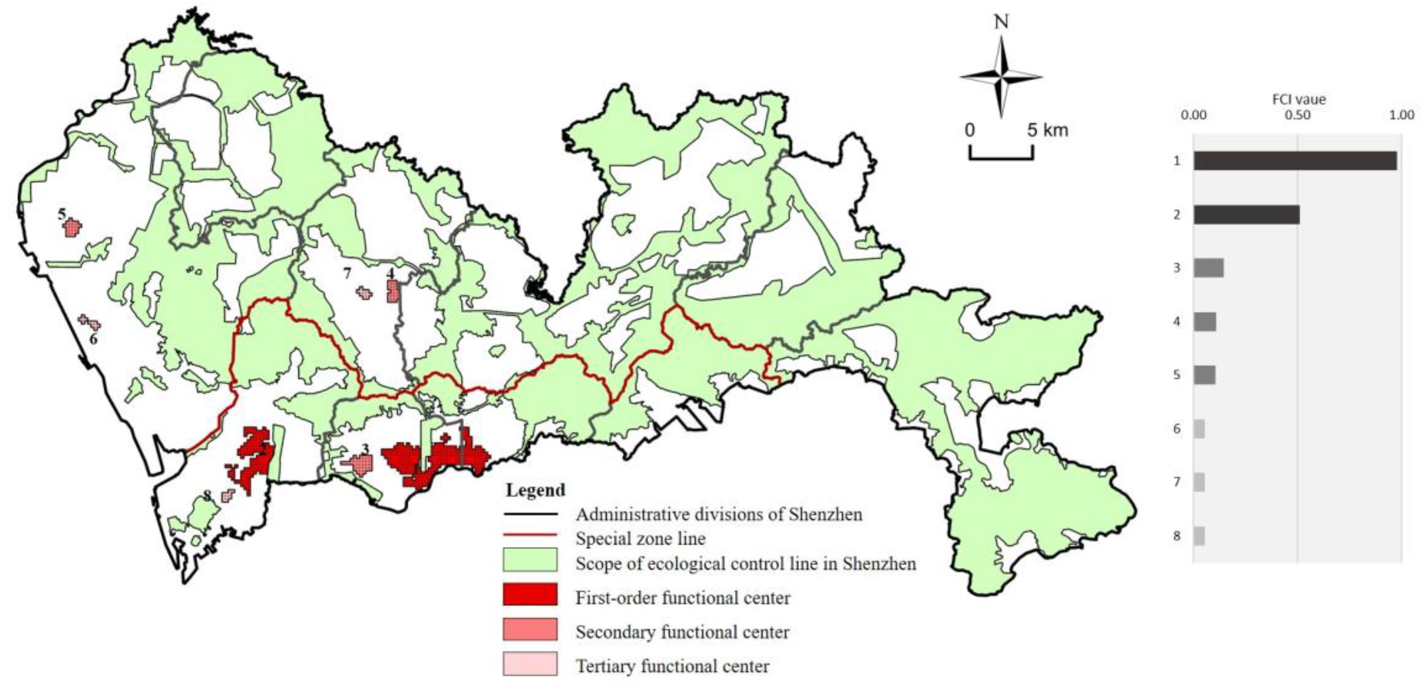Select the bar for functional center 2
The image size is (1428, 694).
(1246, 214)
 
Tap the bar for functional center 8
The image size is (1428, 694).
(1199, 536)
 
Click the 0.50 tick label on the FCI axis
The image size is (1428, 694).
(1298, 115)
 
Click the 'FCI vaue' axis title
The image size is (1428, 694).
(1298, 100)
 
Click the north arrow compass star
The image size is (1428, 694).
(1001, 78)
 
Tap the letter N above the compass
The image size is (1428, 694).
(1001, 22)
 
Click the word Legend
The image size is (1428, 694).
(535, 490)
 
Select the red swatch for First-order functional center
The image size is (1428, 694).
(530, 594)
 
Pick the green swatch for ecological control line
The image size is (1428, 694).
(530, 560)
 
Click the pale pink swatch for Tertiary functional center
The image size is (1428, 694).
(530, 664)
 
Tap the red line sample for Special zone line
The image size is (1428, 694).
(530, 536)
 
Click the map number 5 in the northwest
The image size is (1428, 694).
(62, 214)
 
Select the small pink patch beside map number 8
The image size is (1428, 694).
(227, 496)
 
